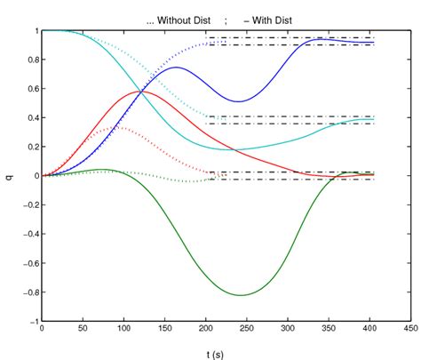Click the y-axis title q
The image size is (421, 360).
[10, 176]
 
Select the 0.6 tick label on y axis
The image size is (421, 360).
[29, 89]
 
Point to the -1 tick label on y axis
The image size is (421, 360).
[30, 322]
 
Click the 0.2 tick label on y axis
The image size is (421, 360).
[29, 147]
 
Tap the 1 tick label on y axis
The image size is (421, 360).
[34, 31]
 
